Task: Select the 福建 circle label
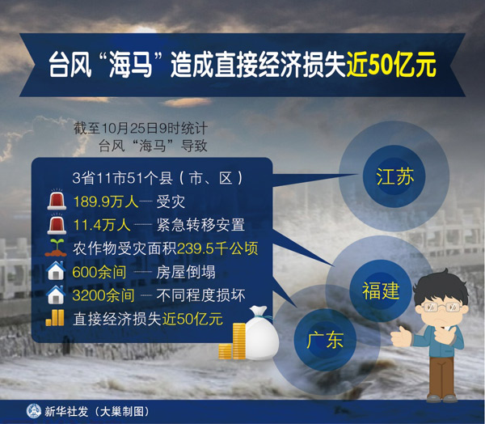[x=380, y=290]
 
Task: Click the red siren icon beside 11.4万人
[x=56, y=224]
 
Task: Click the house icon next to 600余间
[x=55, y=271]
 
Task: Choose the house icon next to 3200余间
[x=55, y=295]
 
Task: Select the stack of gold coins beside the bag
[x=234, y=341]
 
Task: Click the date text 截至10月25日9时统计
[x=141, y=128]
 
